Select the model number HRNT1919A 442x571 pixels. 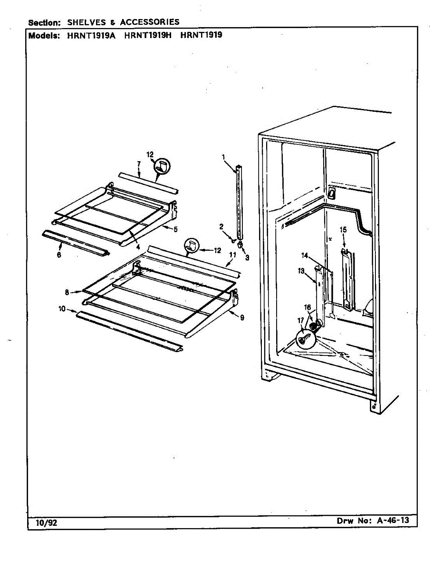[92, 35]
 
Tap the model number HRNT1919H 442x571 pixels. [147, 35]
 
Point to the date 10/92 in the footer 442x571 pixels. [46, 523]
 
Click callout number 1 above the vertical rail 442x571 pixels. [223, 157]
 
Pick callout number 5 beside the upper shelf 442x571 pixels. [175, 229]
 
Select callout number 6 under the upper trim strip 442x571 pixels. [59, 255]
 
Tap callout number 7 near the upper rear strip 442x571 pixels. [138, 164]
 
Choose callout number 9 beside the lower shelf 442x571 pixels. [242, 318]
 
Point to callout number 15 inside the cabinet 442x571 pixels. [343, 230]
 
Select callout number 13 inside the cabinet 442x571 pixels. [301, 271]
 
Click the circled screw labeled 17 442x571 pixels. [305, 339]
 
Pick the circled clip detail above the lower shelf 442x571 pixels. [192, 246]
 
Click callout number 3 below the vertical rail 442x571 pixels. [247, 258]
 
